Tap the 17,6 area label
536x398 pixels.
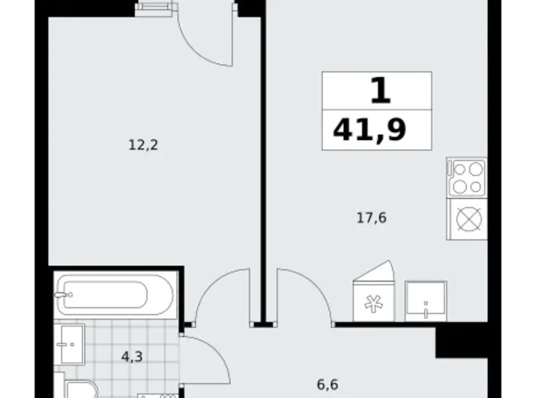coord(372,218)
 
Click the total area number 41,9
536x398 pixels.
coord(370,128)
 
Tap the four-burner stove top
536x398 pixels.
coord(467,177)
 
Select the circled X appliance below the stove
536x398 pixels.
coord(467,219)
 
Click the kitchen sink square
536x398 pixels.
coord(425,300)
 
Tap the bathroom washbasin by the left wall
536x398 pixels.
coord(69,344)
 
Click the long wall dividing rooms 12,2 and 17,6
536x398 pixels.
coord(262,158)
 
